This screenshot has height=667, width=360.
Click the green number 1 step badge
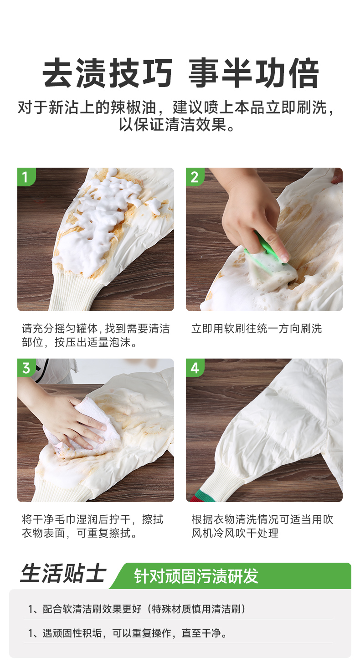26,177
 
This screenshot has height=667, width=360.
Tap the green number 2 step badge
195,177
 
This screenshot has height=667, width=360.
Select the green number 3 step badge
26,368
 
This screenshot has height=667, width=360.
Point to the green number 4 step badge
195,368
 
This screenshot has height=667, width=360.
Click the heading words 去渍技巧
108,73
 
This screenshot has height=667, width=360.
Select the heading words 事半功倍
254,73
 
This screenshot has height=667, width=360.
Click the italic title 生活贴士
63,573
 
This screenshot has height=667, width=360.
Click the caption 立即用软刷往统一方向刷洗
257,328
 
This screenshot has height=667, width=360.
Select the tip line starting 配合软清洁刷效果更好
137,609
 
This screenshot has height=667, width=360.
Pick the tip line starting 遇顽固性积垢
128,633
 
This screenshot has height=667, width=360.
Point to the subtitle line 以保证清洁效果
177,124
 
